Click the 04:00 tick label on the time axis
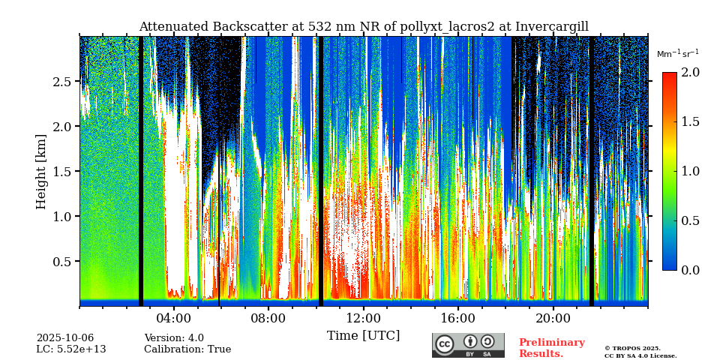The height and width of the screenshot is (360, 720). click(174, 318)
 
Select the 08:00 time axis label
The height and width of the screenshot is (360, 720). click(268, 318)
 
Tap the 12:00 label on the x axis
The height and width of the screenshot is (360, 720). click(363, 318)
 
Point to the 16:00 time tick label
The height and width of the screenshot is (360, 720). click(458, 318)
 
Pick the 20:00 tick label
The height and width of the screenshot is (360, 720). click(553, 318)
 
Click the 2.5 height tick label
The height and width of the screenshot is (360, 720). click(62, 81)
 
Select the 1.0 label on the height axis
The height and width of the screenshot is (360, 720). click(62, 216)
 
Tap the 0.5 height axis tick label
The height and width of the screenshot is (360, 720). click(62, 261)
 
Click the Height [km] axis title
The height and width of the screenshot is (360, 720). click(41, 171)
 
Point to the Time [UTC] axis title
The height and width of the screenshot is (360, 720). click(363, 335)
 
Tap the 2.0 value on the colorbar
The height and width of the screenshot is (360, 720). click(690, 72)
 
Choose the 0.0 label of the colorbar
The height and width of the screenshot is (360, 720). click(690, 270)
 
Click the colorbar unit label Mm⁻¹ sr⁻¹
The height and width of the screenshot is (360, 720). click(677, 54)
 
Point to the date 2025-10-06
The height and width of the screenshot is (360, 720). click(65, 338)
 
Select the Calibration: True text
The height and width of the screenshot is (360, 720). click(187, 349)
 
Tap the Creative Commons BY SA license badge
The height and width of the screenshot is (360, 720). click(468, 345)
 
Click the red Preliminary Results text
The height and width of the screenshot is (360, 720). click(551, 348)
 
